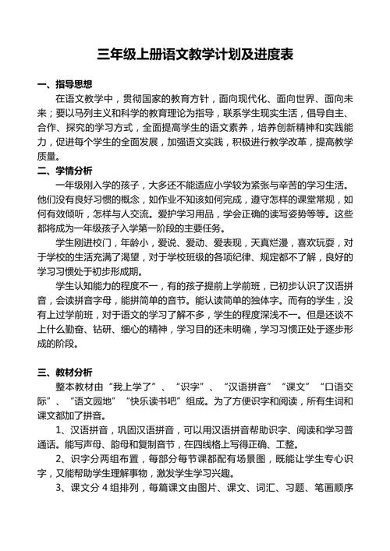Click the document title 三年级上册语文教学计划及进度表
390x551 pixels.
click(x=195, y=55)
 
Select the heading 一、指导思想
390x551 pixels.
click(x=65, y=84)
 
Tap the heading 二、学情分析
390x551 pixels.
click(x=65, y=170)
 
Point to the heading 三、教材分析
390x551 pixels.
click(x=65, y=372)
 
